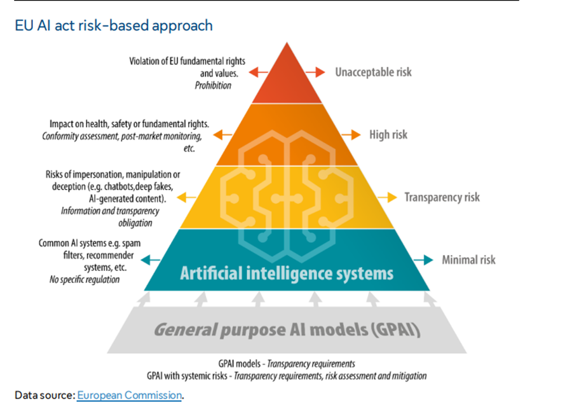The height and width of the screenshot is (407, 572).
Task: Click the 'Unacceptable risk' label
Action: tap(373, 72)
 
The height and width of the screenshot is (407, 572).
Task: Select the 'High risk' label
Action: tap(388, 135)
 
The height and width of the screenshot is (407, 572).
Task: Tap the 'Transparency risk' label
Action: tap(442, 197)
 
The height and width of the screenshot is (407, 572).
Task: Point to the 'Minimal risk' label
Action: tap(468, 259)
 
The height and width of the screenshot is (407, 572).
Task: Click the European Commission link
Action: tap(130, 395)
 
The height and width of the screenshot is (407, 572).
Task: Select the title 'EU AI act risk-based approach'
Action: tap(113, 25)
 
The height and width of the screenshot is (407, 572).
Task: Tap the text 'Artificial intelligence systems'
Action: tap(287, 273)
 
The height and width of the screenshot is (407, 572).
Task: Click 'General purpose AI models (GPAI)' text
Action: tap(287, 330)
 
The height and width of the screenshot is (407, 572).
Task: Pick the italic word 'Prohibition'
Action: tap(213, 85)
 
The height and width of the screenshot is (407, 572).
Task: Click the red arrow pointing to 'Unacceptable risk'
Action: tap(315, 72)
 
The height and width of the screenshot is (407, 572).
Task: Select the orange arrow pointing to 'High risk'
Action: tap(351, 135)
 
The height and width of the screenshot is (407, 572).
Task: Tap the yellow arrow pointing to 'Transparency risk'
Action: tap(386, 197)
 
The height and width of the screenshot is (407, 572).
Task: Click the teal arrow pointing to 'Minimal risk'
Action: tap(423, 259)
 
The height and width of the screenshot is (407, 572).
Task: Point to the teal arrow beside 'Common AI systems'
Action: tap(151, 259)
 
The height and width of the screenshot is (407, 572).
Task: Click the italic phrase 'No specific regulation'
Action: tap(85, 279)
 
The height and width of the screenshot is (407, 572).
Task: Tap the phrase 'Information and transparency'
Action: tap(110, 210)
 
